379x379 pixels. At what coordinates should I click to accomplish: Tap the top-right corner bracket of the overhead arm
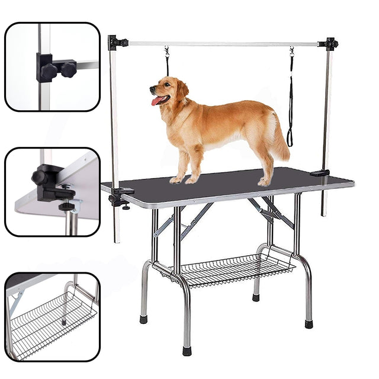[329, 44]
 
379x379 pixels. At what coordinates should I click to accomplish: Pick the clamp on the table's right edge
[320, 172]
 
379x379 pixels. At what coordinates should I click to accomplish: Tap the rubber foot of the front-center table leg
[187, 351]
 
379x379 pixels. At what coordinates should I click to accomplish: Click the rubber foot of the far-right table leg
[309, 324]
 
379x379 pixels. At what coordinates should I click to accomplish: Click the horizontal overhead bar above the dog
[225, 44]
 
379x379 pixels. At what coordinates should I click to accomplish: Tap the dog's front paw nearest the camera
[176, 179]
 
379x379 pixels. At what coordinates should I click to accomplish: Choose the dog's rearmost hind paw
[264, 182]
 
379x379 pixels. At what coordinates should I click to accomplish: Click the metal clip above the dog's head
[168, 53]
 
